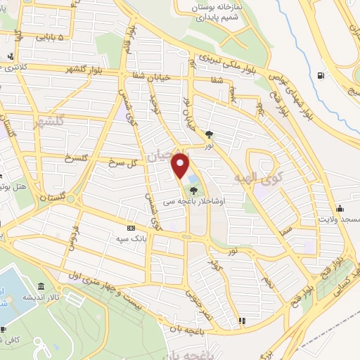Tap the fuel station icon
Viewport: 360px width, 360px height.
[x=321, y=75]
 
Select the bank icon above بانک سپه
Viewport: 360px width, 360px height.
[x=131, y=228]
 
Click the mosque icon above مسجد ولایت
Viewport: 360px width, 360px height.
[x=340, y=208]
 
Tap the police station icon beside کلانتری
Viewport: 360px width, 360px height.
[x=10, y=57]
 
